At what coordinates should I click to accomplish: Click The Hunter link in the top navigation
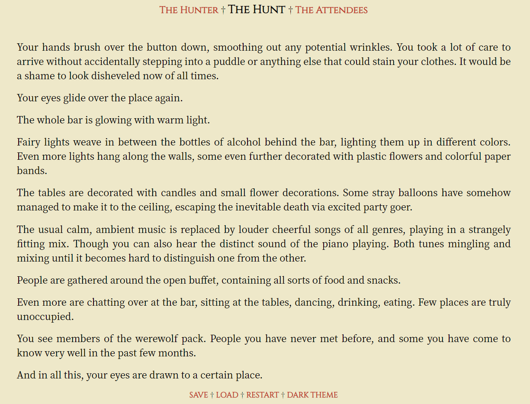click(x=189, y=10)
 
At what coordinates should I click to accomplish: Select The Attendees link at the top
click(x=331, y=10)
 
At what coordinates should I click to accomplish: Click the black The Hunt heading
click(x=257, y=10)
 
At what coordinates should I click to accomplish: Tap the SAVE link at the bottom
click(x=199, y=395)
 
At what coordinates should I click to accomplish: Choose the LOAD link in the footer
click(x=227, y=395)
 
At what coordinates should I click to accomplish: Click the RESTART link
click(x=263, y=395)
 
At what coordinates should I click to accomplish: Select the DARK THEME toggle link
click(x=312, y=395)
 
